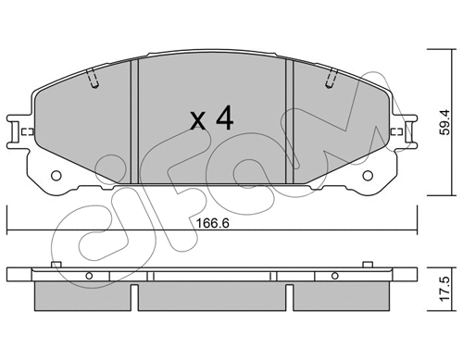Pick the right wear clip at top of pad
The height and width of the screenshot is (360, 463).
point(331,81)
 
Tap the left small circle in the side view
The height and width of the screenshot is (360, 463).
point(91,276)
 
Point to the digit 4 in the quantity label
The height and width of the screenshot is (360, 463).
point(225,118)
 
